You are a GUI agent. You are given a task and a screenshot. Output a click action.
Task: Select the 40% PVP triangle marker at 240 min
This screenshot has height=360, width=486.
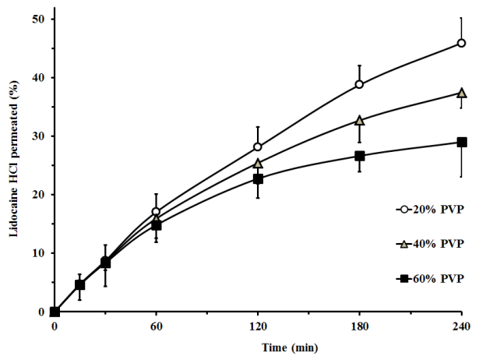tap(461, 93)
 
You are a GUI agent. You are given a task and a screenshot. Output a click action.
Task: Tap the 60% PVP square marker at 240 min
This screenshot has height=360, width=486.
tap(461, 142)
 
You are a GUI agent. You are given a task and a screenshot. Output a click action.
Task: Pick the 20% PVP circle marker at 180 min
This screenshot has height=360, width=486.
tap(359, 84)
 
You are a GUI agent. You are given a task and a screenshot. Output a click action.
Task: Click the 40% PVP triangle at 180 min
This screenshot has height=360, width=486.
tap(359, 120)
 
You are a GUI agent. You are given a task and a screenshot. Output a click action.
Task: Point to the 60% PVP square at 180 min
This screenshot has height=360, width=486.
tap(359, 156)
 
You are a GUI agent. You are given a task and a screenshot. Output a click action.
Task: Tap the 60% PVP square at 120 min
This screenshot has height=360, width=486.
tap(258, 178)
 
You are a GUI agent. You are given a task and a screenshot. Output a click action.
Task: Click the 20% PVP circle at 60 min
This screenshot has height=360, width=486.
tap(156, 211)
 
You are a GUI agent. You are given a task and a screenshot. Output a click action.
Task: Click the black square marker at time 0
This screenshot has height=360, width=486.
tap(55, 312)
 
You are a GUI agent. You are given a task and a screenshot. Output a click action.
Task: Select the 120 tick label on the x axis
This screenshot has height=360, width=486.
tap(258, 326)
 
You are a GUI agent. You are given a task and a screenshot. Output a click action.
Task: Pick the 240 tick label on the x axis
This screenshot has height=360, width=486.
tap(461, 326)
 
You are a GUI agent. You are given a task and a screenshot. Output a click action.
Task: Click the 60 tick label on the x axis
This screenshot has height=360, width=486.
tap(156, 326)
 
